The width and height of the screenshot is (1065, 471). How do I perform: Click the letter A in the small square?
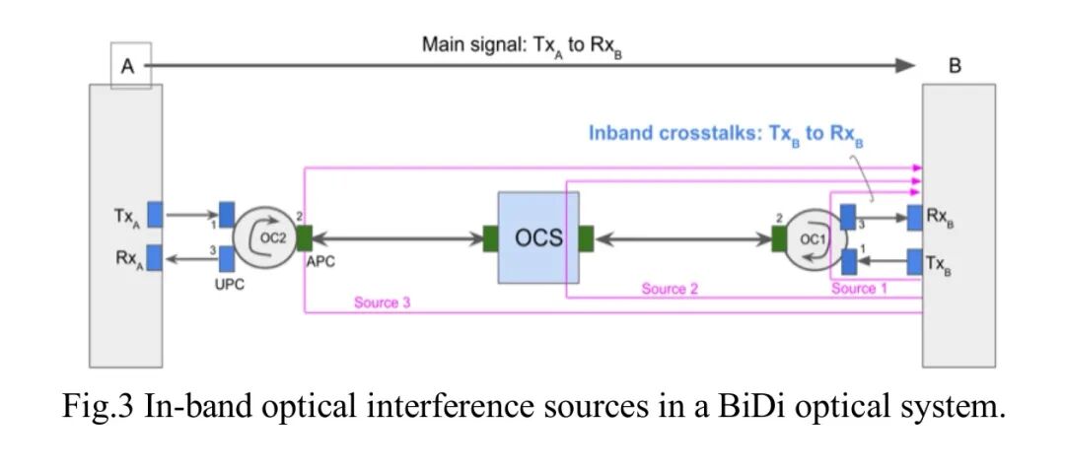point(128,67)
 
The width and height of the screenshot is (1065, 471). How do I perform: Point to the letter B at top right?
point(955,67)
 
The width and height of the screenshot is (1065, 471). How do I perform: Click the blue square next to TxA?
point(155,214)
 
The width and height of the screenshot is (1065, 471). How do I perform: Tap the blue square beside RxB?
point(914,216)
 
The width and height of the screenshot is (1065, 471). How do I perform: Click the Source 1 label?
point(860,289)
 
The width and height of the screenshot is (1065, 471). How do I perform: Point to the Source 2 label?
point(670,289)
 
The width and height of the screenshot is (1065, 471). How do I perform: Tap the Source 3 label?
point(383,303)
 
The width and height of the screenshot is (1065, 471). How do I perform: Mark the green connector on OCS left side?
point(490,238)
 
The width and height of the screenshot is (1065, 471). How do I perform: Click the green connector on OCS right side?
point(585,238)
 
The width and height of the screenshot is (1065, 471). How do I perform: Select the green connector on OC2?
point(305,237)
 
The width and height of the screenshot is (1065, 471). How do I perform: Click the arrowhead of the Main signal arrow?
point(905,65)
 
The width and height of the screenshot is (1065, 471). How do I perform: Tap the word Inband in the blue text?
point(621,133)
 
